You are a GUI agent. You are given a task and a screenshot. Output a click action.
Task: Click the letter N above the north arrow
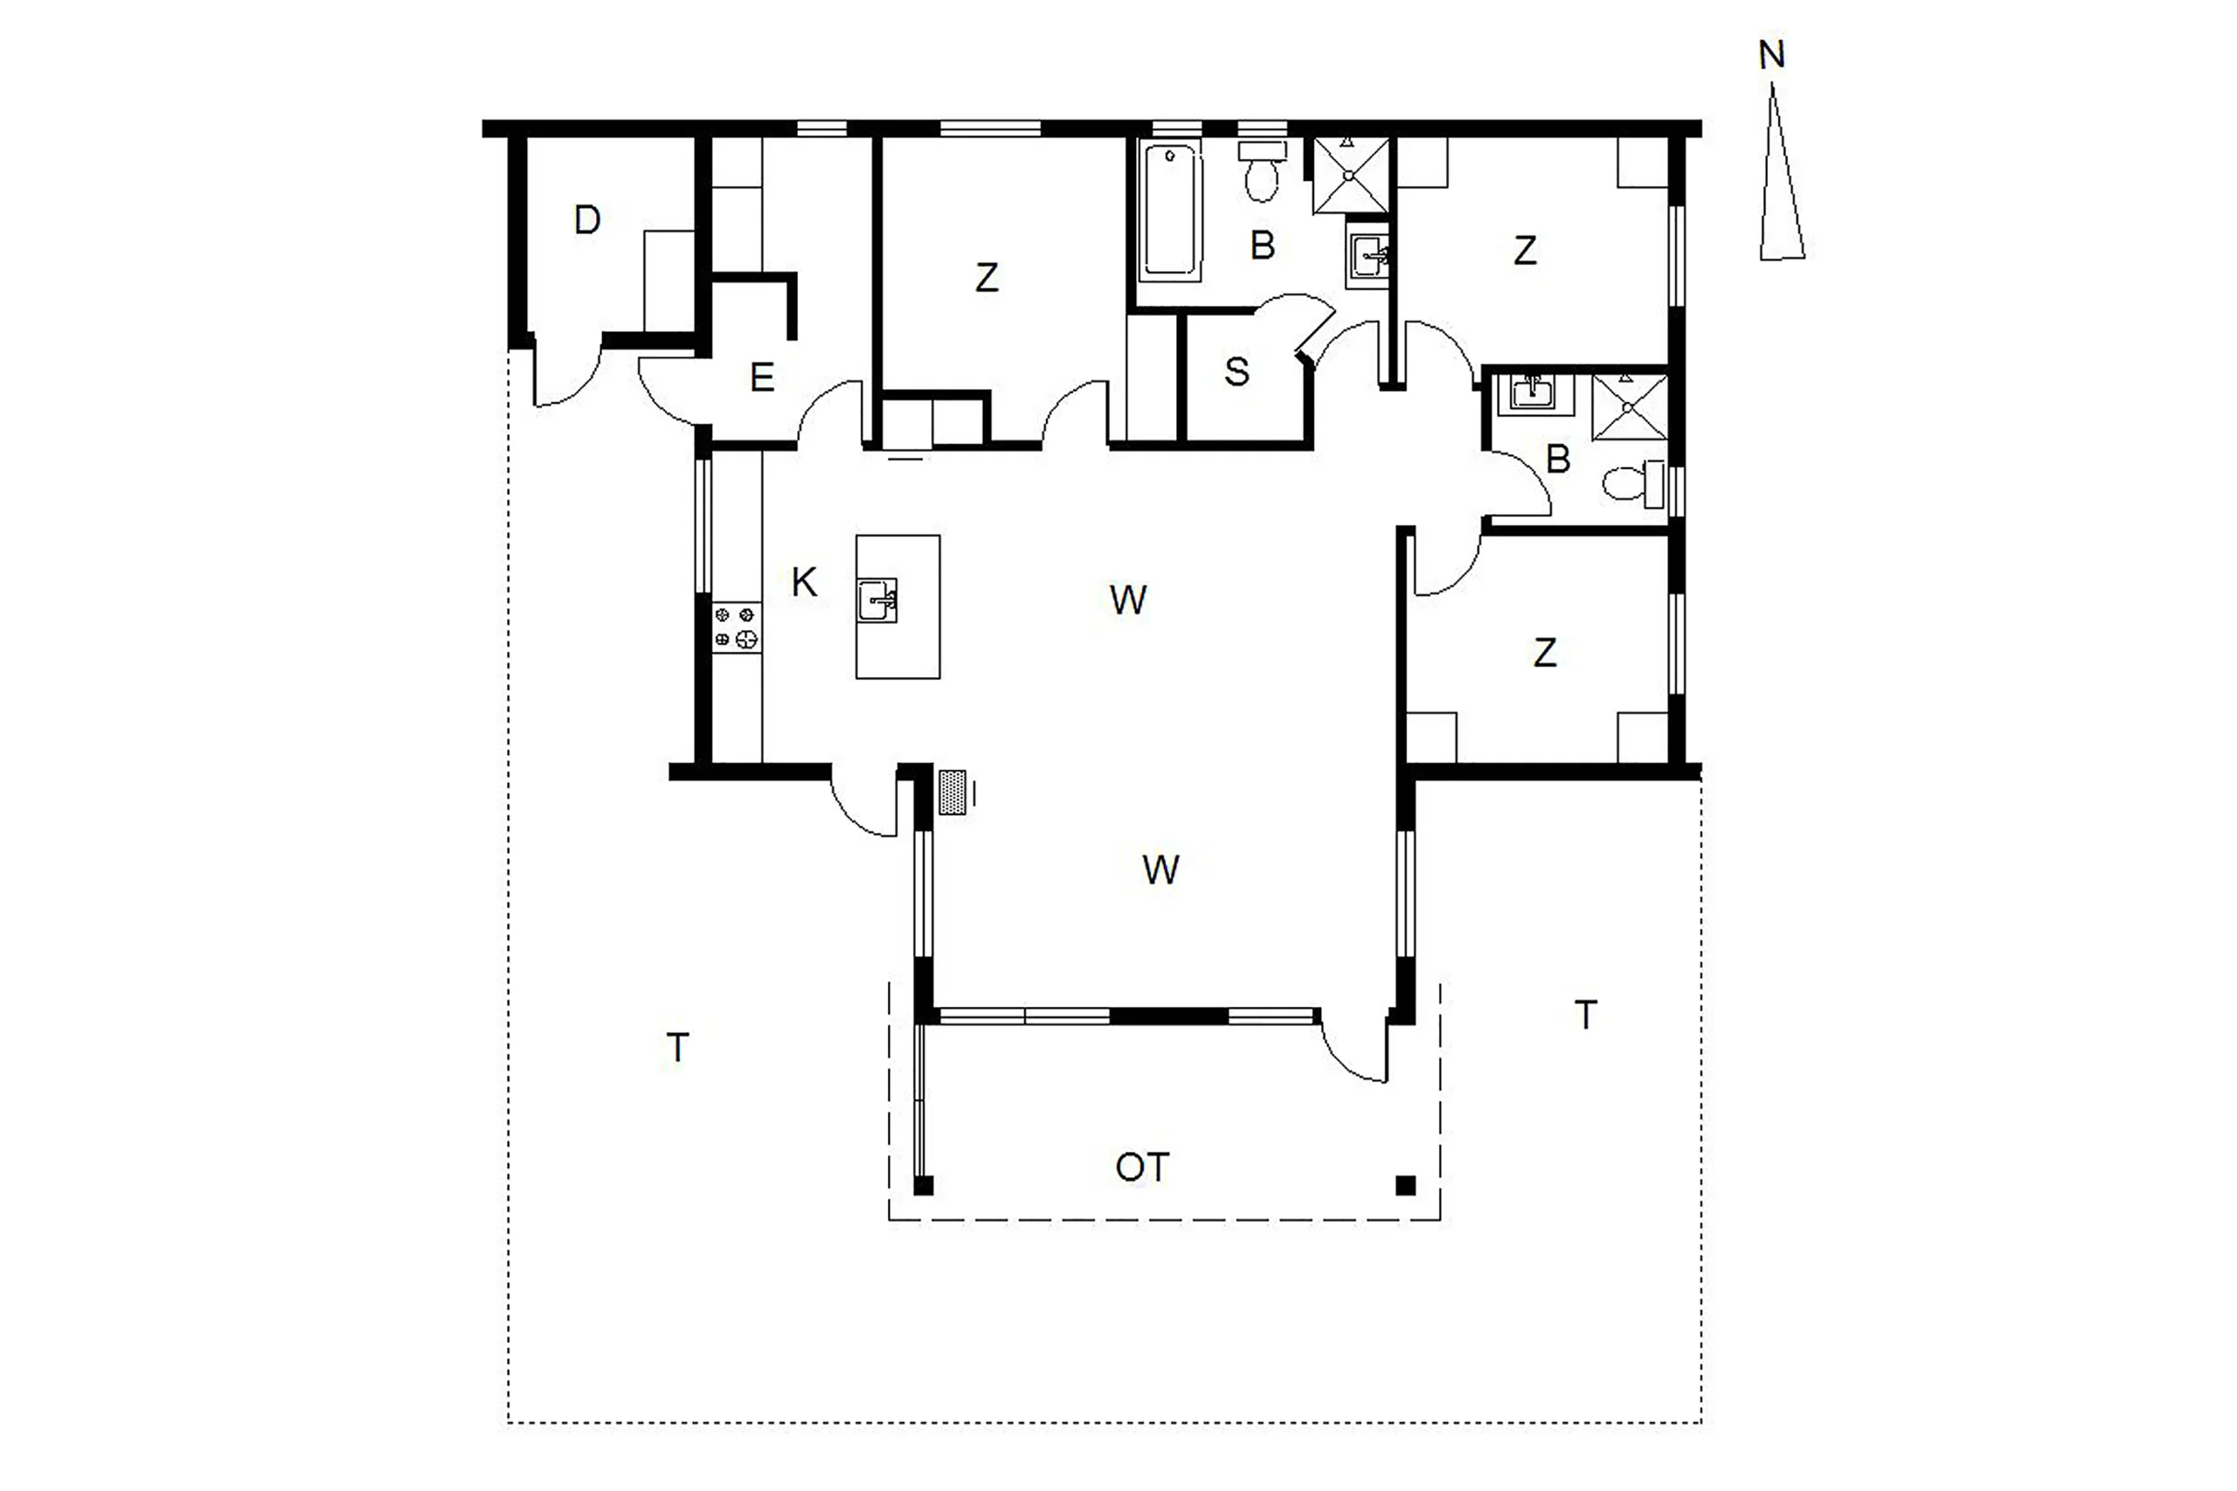coord(1771,55)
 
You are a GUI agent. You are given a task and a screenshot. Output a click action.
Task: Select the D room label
coord(587,220)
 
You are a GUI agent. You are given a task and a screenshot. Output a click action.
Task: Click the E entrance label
coord(761,378)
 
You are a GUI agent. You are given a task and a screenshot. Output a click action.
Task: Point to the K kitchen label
coord(804,582)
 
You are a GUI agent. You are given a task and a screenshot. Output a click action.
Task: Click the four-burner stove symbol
coord(737,628)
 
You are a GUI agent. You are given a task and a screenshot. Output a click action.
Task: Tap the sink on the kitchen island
coord(876,600)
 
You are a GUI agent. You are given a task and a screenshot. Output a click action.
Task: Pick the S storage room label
coord(1236,372)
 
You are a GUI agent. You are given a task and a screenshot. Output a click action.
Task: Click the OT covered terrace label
coord(1142,1168)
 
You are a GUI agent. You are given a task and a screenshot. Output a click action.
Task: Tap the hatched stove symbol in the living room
coord(952,792)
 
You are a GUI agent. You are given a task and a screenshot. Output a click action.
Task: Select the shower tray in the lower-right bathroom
coord(1630,407)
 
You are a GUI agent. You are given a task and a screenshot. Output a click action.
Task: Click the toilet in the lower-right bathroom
coord(1633,483)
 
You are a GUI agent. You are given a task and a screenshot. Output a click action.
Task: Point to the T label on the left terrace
coord(677,1048)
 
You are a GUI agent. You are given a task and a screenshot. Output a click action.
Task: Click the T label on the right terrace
coord(1585,1016)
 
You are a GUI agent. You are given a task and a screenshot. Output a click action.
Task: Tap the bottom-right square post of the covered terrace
coord(1405,1186)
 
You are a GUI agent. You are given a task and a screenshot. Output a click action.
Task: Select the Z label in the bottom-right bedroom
coord(1545,652)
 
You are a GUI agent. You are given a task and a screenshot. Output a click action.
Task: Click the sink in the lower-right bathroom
coord(1533,393)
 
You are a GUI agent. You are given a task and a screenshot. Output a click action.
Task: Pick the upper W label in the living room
coord(1127,600)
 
